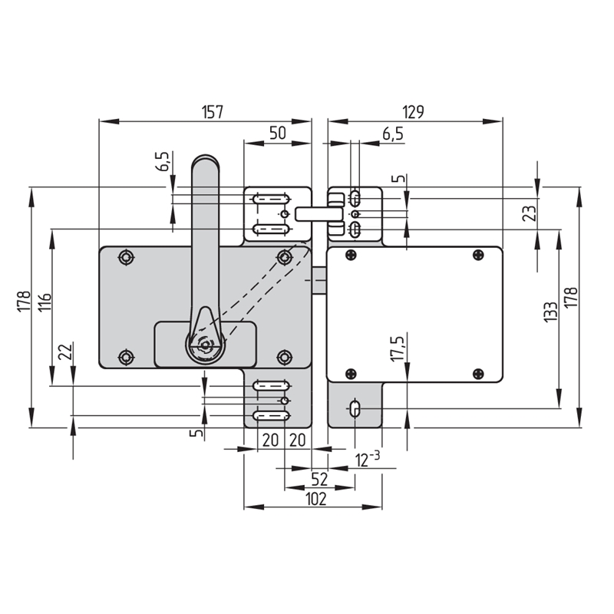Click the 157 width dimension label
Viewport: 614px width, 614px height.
[x=213, y=112]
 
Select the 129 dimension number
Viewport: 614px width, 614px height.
[x=413, y=112]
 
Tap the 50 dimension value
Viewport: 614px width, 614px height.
[x=278, y=133]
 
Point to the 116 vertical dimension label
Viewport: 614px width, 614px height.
[x=45, y=302]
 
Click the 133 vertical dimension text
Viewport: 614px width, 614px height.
[x=550, y=312]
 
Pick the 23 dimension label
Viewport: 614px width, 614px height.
[x=530, y=213]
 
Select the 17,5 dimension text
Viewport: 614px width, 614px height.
[x=398, y=348]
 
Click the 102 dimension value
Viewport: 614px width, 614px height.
[x=315, y=500]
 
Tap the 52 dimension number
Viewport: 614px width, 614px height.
[x=319, y=479]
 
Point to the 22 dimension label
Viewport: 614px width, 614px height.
[x=65, y=352]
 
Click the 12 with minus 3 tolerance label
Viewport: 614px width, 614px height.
[x=368, y=459]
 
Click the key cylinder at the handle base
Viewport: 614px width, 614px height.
[x=205, y=345]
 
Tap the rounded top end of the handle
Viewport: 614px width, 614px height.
[x=205, y=162]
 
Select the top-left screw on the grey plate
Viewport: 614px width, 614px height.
[x=126, y=257]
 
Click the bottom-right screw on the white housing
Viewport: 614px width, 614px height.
[x=478, y=374]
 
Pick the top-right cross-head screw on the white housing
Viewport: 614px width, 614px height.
[x=478, y=255]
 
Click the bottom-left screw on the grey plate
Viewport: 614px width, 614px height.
[x=126, y=357]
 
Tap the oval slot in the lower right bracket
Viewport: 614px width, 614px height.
[x=355, y=409]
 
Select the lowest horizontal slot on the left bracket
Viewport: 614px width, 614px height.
[x=271, y=415]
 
